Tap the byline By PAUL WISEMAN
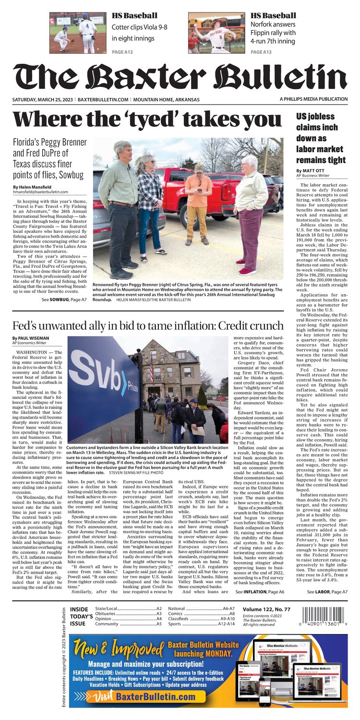31,338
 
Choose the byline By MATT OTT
311,170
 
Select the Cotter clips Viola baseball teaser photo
78,33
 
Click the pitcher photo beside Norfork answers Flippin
216,33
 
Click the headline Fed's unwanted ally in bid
148,326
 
